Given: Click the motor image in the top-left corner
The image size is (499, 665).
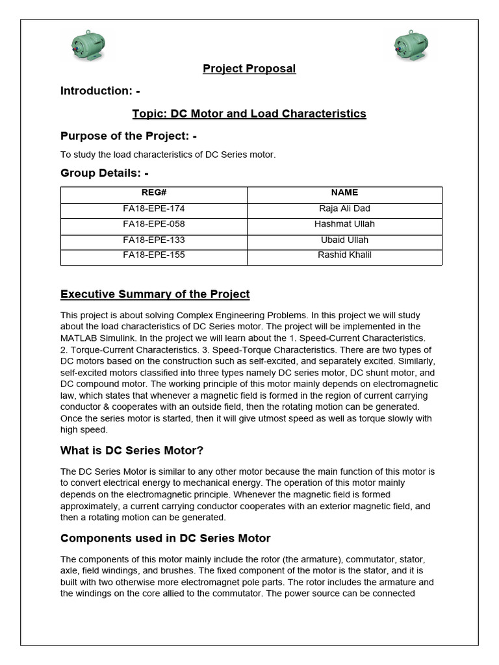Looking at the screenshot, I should (88, 46).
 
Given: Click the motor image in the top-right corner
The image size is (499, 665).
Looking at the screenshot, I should (411, 46).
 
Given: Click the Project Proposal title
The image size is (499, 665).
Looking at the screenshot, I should (249, 69).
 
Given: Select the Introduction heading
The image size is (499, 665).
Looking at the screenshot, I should (100, 91).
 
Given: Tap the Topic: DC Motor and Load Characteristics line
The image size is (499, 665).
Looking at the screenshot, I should (249, 114).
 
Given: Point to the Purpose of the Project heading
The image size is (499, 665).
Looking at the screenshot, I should (128, 136).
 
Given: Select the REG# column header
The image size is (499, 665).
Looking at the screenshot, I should (154, 193).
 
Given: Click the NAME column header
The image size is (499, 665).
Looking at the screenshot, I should (344, 193).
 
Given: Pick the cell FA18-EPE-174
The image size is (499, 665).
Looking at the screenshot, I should (154, 208).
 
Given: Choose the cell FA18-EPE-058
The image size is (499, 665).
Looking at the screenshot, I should (154, 224).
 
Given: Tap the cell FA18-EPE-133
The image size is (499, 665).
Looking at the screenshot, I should (154, 240).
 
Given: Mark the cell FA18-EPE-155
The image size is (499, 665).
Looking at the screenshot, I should (154, 255).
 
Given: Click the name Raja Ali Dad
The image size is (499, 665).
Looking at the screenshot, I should (344, 208).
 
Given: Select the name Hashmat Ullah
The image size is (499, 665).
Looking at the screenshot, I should (344, 224).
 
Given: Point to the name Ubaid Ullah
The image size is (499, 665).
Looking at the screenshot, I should (344, 240).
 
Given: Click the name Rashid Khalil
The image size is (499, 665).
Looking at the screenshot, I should (344, 255).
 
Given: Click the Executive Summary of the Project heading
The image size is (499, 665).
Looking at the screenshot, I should (155, 294).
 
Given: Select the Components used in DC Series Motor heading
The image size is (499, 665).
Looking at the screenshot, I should (165, 538).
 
